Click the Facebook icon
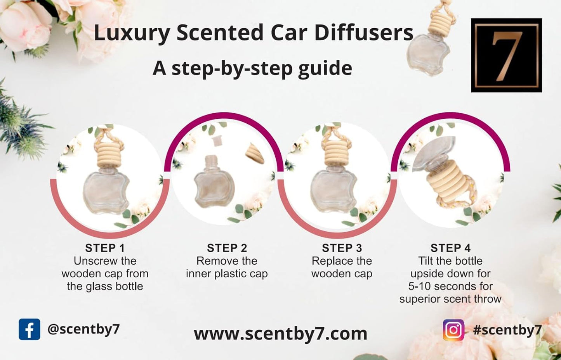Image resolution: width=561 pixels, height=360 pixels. point(29,329)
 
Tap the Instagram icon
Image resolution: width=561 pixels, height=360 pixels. point(453,330)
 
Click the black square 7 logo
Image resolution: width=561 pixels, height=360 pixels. point(506,55)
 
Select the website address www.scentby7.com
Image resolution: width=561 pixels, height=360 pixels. point(280,334)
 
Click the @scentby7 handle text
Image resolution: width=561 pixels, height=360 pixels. point(83,329)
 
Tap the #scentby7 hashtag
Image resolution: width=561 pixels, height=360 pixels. point(507,330)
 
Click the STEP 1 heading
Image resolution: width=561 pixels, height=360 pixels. point(105,248)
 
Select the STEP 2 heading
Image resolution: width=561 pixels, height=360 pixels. point(227,248)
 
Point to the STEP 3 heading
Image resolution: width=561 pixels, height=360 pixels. point(342,248)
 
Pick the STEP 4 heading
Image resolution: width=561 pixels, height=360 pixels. point(450,248)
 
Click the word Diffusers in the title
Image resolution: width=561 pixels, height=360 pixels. point(364,33)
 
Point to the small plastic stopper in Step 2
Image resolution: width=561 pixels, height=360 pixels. point(217,141)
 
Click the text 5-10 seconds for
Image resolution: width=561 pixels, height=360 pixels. point(450,286)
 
